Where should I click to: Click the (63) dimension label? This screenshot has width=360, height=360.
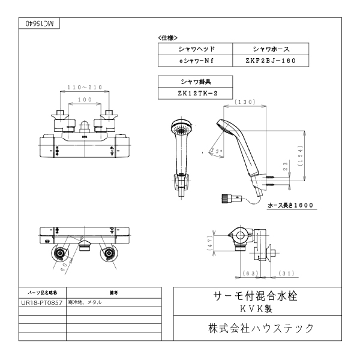(x=251, y=274)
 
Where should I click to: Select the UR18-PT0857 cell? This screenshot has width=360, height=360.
(x=41, y=302)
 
